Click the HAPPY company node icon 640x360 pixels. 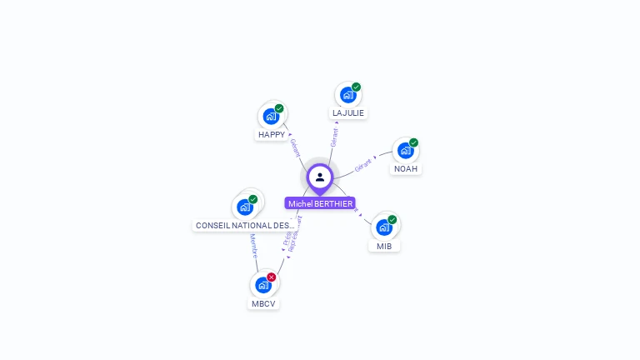270,116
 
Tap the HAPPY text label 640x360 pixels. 272,134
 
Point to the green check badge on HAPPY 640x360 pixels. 279,108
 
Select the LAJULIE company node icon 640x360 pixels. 347,94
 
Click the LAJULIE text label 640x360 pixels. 348,112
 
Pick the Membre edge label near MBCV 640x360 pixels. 254,247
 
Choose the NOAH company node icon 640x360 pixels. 405,150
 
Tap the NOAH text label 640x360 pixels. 406,168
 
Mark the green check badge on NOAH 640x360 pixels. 413,142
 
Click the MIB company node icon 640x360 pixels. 383,227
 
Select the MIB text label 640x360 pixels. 384,246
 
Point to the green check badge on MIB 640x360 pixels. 392,220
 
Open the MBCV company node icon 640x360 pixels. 263,285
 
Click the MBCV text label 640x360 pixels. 263,303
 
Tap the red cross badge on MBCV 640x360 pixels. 272,277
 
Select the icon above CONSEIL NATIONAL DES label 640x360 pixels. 245,207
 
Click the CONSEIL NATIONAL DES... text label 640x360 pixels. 245,225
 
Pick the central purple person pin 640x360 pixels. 320,177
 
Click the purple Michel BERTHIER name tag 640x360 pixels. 320,203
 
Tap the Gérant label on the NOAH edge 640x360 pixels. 363,165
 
